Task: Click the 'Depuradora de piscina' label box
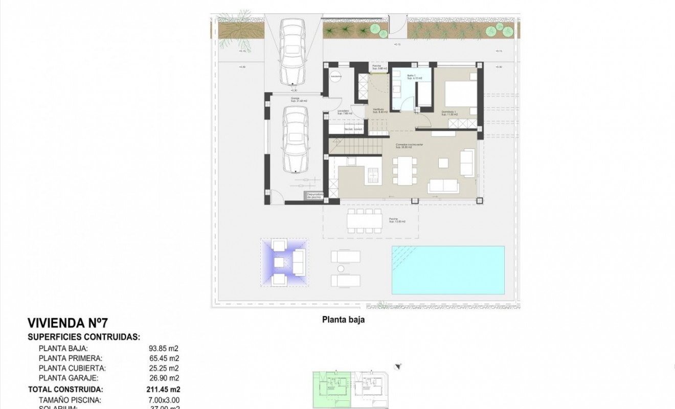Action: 313,195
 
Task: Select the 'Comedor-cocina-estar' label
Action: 409,146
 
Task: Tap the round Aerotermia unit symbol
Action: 335,76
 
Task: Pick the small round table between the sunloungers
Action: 340,268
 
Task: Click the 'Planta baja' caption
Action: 343,321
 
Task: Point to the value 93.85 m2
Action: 164,348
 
